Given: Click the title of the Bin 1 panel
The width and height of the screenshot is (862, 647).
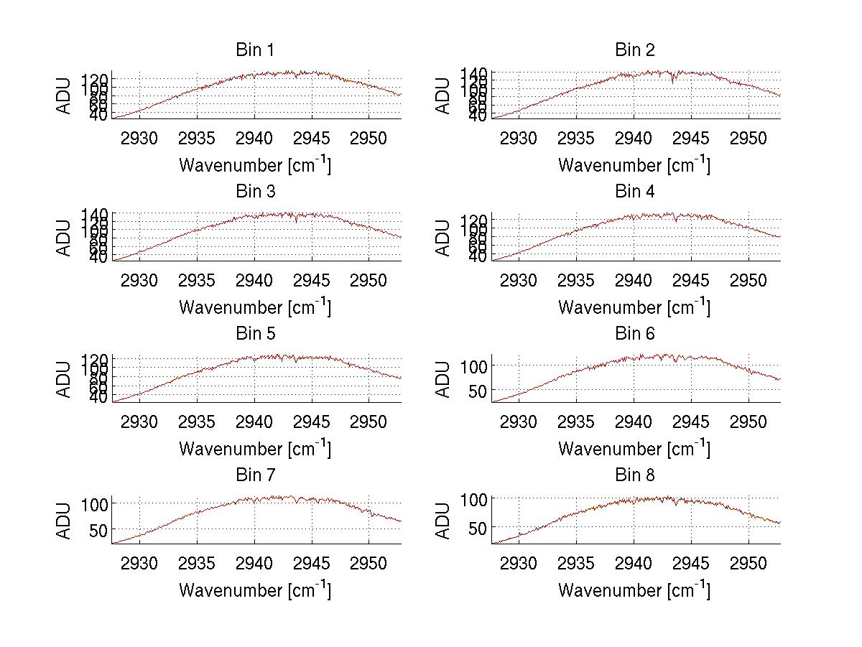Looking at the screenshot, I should [255, 50].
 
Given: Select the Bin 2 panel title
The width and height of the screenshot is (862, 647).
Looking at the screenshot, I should [635, 50].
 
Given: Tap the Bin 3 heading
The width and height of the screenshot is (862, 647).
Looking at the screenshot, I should [255, 192].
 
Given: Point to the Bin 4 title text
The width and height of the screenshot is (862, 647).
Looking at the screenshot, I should [635, 192].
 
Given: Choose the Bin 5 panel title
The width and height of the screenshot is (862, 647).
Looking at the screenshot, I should [255, 334].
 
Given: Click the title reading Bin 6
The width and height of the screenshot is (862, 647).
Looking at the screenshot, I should [635, 334].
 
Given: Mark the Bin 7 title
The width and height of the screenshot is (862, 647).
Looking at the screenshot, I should [255, 475].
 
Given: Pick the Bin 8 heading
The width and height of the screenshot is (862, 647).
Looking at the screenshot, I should [635, 475].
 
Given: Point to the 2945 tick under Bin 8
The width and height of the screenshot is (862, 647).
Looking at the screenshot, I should [691, 563].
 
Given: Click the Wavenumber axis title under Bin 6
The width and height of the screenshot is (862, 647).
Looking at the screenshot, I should [634, 448].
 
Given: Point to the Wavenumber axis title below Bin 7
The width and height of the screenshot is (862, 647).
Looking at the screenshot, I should [255, 590].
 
